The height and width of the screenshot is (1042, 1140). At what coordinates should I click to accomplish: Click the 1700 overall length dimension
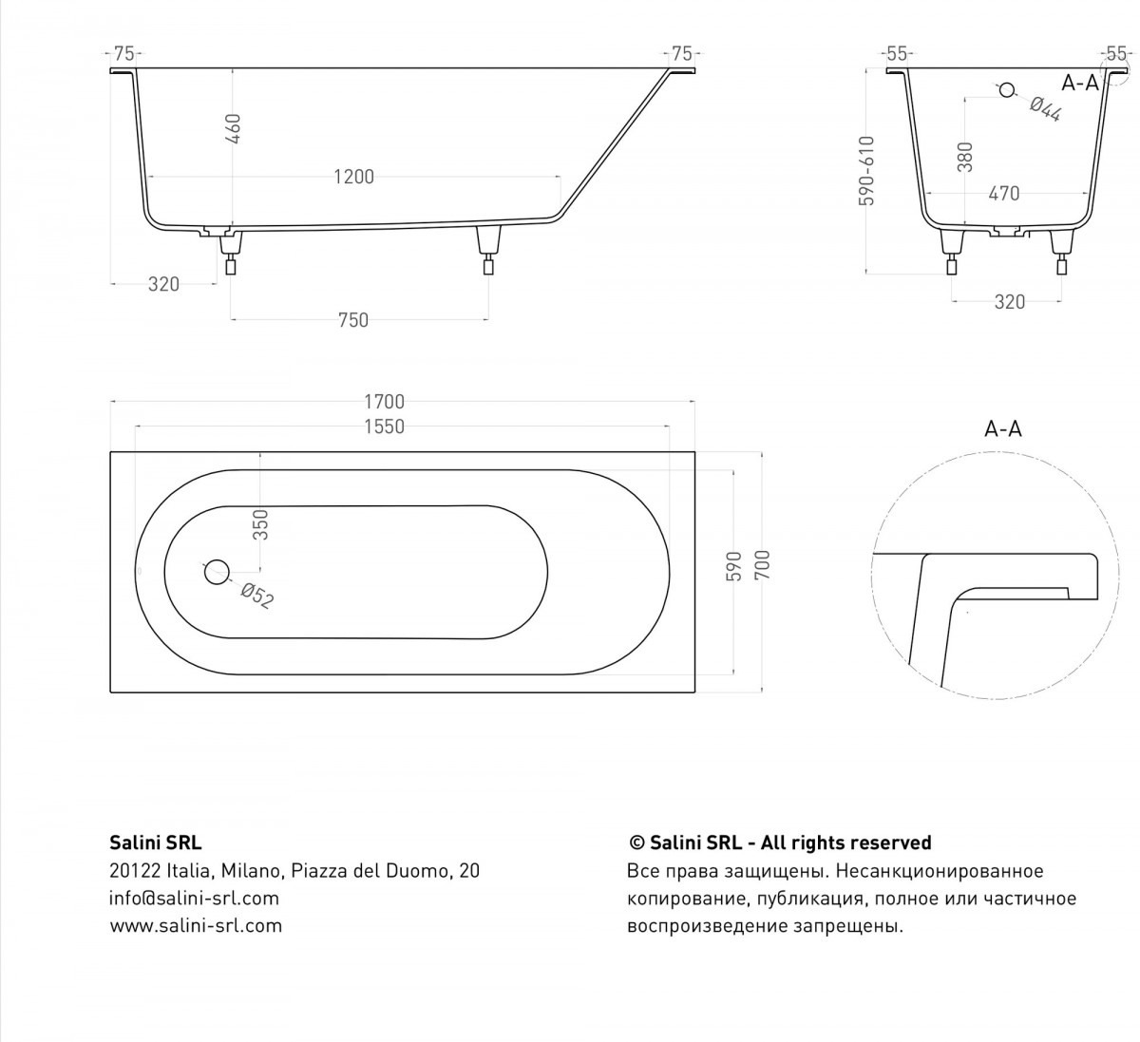(x=384, y=402)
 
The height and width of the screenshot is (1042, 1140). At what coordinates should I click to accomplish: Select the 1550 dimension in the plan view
(x=384, y=426)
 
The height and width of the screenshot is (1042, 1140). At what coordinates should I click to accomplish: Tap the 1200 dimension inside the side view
(x=353, y=178)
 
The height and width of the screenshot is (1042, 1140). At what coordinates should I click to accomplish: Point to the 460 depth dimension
(x=234, y=129)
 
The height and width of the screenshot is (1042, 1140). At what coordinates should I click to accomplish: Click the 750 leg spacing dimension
(x=352, y=321)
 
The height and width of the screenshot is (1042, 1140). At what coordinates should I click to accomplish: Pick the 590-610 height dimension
(x=867, y=171)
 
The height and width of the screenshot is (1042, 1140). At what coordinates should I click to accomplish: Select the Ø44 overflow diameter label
(x=1045, y=109)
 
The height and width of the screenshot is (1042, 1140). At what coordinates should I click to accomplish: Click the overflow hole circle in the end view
(x=1006, y=90)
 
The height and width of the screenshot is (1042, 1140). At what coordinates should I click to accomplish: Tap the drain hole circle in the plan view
(x=217, y=572)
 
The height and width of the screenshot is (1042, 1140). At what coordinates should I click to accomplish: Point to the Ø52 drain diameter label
(x=257, y=597)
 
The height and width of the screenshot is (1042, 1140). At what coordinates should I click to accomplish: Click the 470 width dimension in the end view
(x=1003, y=194)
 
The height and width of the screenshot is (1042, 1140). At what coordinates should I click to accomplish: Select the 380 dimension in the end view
(x=965, y=157)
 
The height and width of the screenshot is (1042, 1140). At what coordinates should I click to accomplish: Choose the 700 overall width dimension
(x=763, y=564)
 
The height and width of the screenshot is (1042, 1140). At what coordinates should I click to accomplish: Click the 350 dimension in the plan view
(x=260, y=524)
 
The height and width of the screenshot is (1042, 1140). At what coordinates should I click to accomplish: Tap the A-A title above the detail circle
(x=1003, y=428)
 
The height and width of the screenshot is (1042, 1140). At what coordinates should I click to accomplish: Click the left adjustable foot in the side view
(x=231, y=255)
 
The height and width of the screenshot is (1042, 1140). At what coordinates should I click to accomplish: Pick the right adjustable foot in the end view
(x=1060, y=254)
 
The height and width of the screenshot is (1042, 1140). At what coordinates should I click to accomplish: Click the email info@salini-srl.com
(x=194, y=899)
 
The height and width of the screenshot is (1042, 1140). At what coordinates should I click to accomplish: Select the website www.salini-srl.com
(x=196, y=926)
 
